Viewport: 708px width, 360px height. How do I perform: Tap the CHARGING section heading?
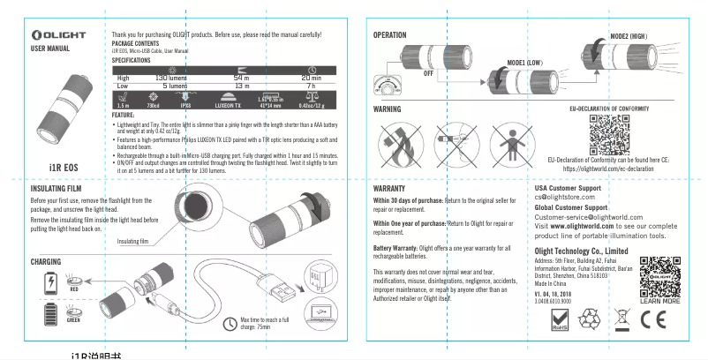45,262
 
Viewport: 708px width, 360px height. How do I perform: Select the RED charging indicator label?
74,289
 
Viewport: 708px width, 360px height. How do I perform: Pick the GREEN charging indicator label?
74,319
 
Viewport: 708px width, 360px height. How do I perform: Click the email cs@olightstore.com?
565,197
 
